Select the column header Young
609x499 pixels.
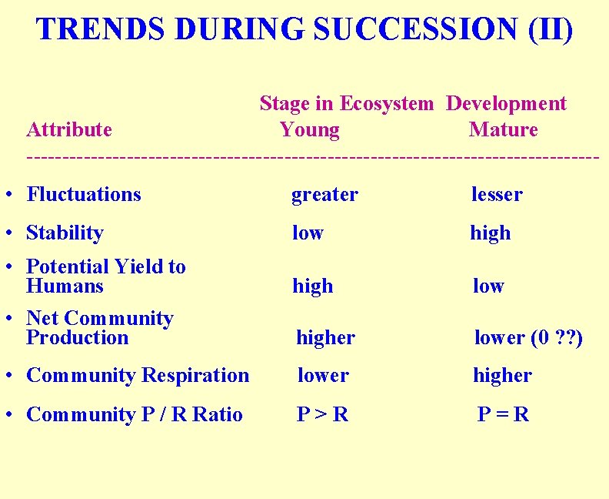click(309, 129)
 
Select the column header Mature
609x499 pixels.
click(503, 129)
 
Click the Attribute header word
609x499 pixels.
click(69, 129)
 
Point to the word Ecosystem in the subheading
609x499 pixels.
click(386, 104)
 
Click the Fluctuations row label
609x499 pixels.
click(84, 195)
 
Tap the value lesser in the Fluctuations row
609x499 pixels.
click(496, 195)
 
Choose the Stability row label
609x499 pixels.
click(65, 233)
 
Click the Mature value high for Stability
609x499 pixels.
click(490, 233)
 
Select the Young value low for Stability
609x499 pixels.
click(308, 233)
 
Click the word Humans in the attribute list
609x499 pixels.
click(65, 286)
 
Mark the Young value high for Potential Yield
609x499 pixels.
click(312, 286)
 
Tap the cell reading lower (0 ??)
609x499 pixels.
click(528, 338)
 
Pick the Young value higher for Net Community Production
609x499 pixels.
click(325, 338)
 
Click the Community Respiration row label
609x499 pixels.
click(138, 376)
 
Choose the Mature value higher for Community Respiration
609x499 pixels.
click(502, 376)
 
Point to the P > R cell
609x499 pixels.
click(323, 414)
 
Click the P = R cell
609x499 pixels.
click(503, 414)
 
